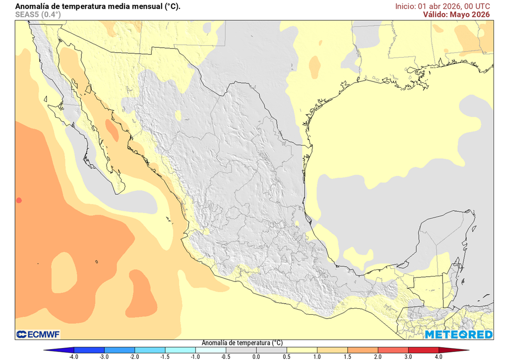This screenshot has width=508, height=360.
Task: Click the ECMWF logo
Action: click(x=38, y=334)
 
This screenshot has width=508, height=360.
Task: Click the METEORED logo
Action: click(x=458, y=334)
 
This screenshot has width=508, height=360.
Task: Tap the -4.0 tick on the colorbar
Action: click(x=73, y=356)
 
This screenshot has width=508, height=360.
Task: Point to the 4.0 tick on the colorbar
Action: click(x=439, y=356)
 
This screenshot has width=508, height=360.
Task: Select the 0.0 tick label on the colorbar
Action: click(x=256, y=356)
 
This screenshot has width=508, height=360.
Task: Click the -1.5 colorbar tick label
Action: click(x=165, y=356)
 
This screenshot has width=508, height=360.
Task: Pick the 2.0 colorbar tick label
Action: click(x=378, y=356)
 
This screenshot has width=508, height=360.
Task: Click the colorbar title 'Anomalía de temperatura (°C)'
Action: click(x=242, y=343)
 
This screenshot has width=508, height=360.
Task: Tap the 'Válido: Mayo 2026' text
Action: click(x=456, y=14)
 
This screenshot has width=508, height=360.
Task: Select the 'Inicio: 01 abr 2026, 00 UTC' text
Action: click(x=443, y=6)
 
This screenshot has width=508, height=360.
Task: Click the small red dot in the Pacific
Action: click(x=19, y=200)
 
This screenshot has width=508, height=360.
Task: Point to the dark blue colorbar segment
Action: click(x=89, y=350)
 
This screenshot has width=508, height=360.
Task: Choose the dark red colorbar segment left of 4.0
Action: click(x=423, y=350)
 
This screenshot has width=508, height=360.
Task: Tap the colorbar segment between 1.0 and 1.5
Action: click(x=332, y=350)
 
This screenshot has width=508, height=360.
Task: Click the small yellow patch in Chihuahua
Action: click(x=178, y=116)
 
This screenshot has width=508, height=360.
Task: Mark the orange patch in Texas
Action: click(x=315, y=66)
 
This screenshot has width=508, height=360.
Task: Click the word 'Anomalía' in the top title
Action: click(x=32, y=6)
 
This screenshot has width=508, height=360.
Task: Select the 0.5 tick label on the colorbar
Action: click(x=286, y=356)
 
